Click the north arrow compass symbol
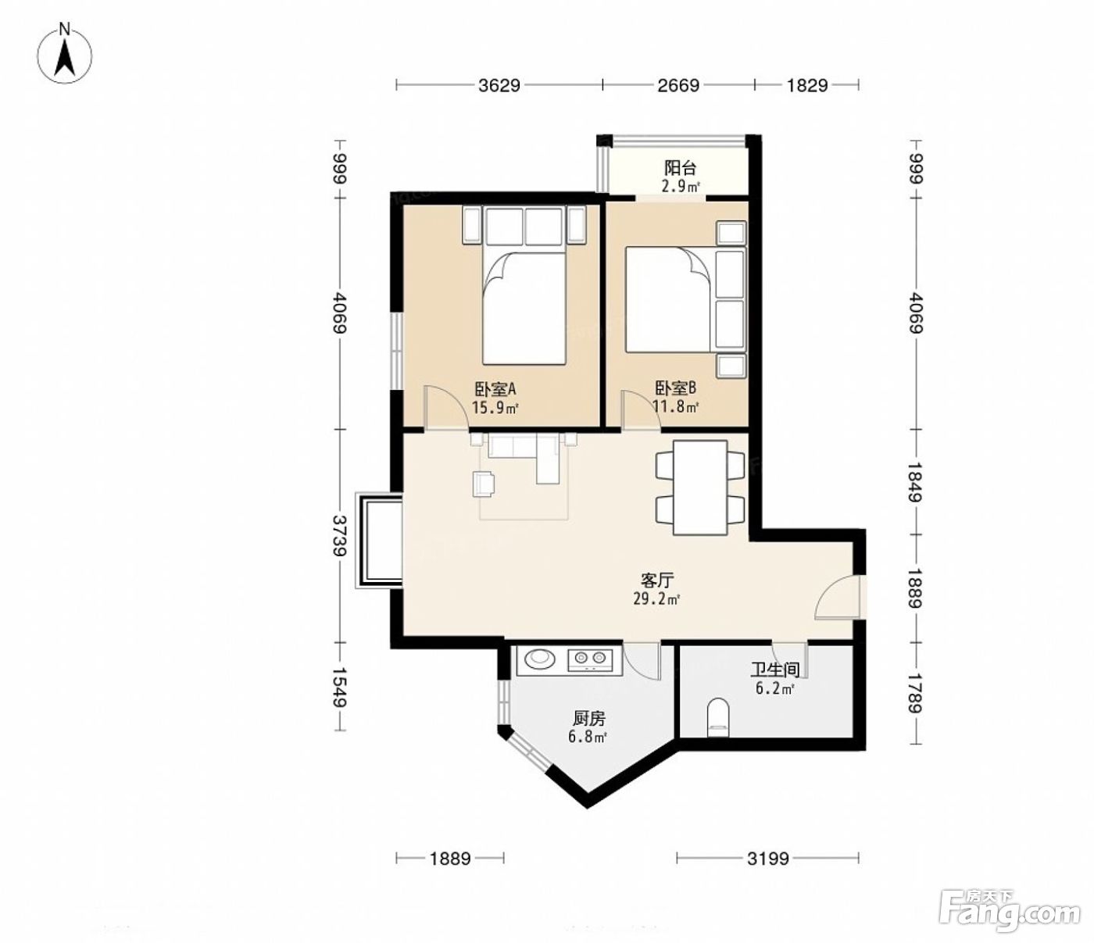click(65, 54)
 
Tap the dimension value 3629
click(499, 85)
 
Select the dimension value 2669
click(678, 85)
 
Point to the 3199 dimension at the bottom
click(767, 859)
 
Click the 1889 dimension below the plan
click(450, 859)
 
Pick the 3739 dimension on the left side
click(339, 535)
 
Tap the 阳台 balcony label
click(680, 168)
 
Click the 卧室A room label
click(495, 389)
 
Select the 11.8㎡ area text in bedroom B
click(675, 406)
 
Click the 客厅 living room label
click(657, 580)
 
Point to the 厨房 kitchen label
click(588, 718)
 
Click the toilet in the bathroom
click(717, 717)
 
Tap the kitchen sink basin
click(540, 658)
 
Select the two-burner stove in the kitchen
click(590, 659)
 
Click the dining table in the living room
click(699, 488)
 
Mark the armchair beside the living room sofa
click(484, 484)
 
